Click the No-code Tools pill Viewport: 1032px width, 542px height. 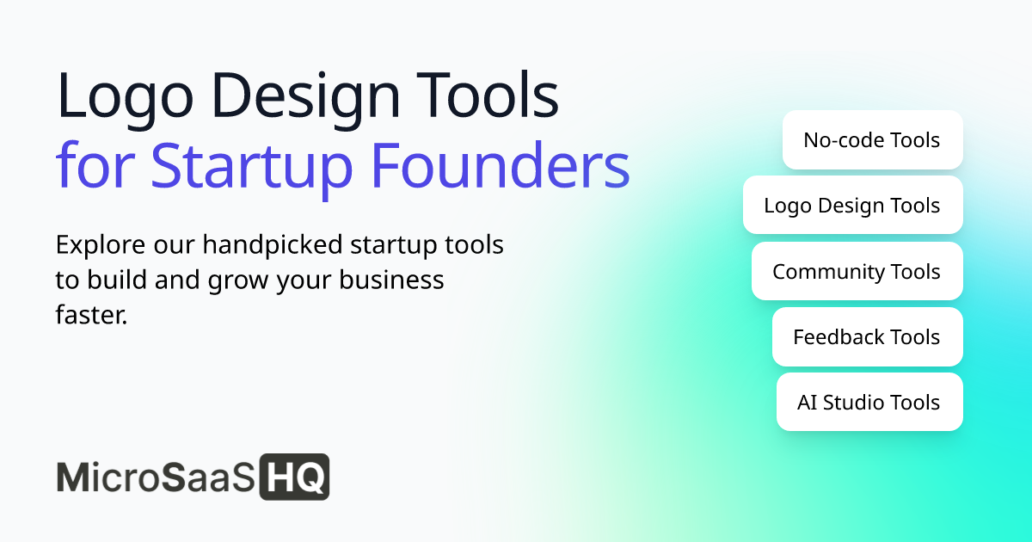[872, 139]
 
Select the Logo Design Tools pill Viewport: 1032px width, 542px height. [852, 206]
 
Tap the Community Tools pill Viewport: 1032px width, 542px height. [857, 271]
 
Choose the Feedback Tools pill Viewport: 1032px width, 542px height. [867, 336]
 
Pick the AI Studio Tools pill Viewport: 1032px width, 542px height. [869, 402]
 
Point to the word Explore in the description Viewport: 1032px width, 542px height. [95, 245]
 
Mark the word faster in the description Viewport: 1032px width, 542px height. [91, 315]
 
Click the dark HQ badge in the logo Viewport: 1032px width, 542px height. [295, 477]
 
